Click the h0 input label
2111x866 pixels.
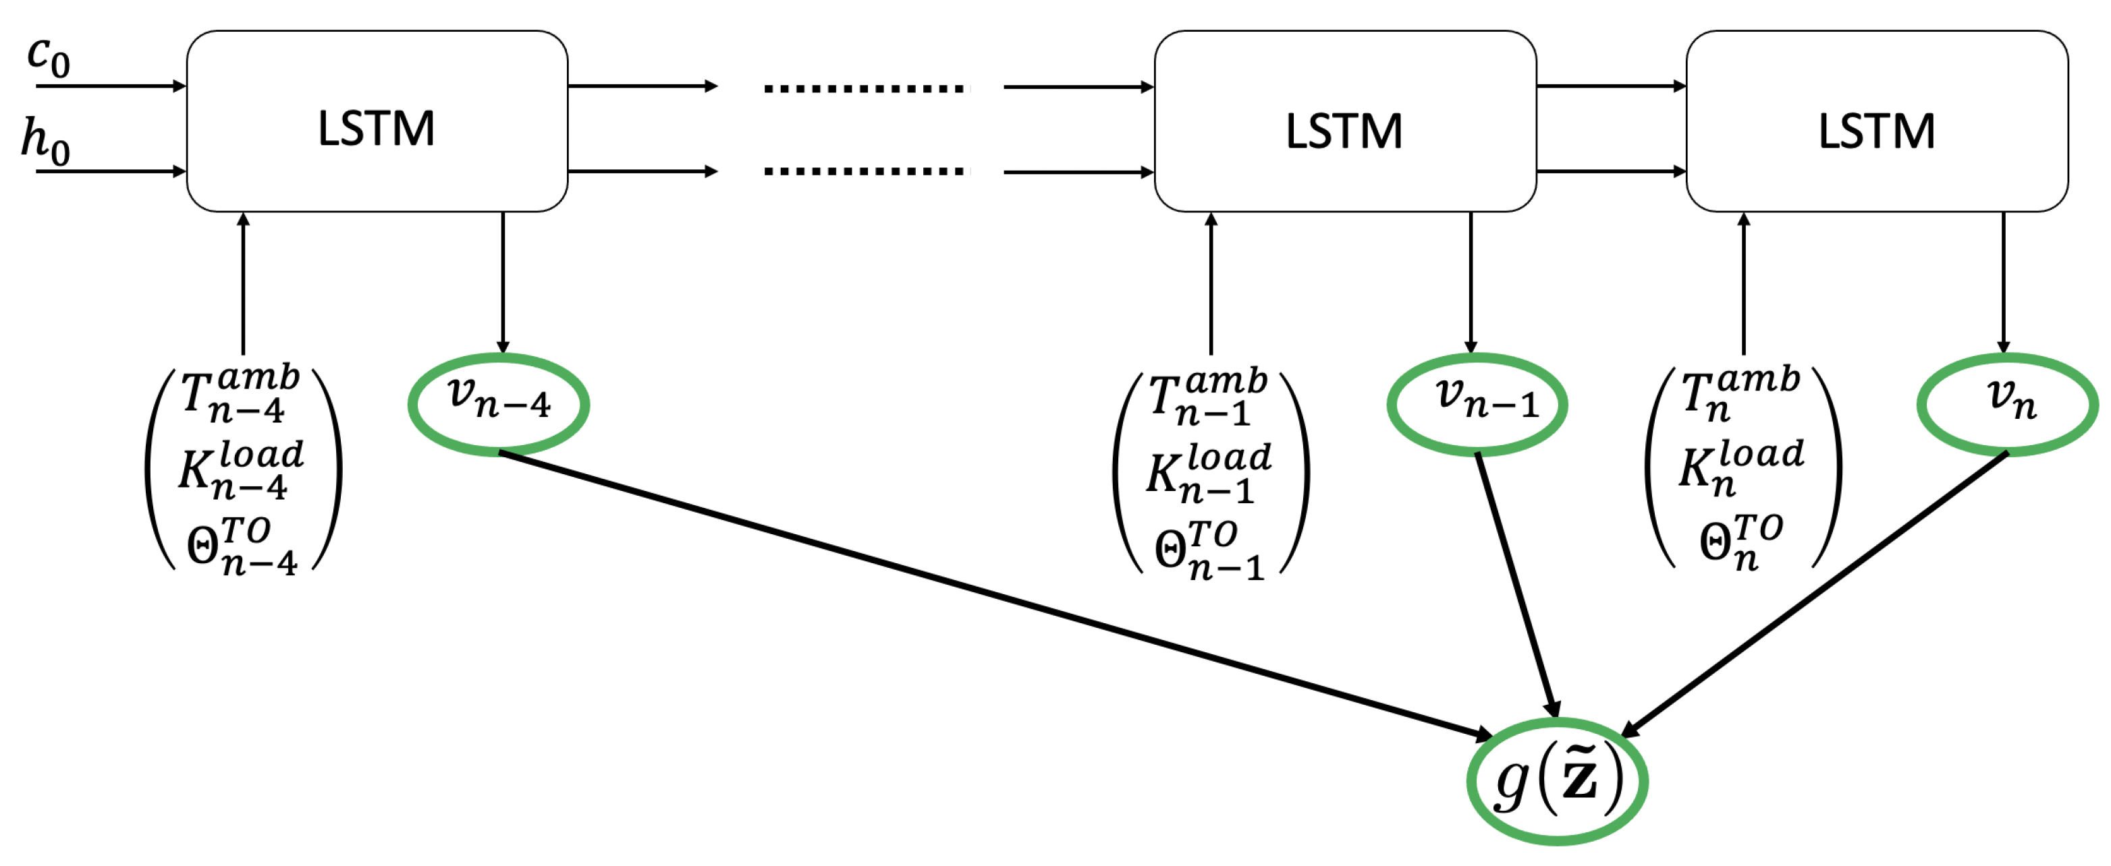[x=45, y=141]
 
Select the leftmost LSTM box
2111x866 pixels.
[x=377, y=121]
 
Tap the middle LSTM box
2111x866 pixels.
[x=1344, y=121]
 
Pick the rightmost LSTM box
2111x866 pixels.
[x=1877, y=121]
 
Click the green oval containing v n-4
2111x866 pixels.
[x=498, y=403]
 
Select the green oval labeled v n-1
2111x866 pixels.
[x=1477, y=403]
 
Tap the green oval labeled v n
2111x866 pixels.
[x=2006, y=403]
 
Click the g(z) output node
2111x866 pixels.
[x=1557, y=781]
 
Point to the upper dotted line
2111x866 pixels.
[x=865, y=88]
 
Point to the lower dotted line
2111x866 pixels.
[x=865, y=171]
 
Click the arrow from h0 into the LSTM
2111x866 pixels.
[x=111, y=171]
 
